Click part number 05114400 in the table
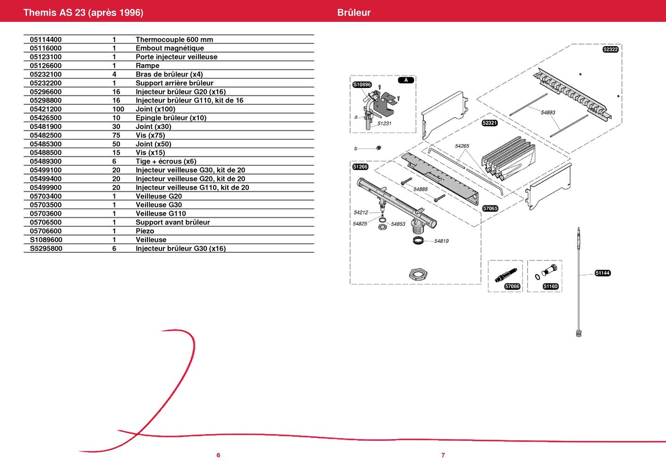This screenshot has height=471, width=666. pyautogui.click(x=45, y=40)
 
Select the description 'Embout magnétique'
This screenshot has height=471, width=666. pyautogui.click(x=170, y=48)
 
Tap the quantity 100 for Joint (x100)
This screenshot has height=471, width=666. pyautogui.click(x=118, y=109)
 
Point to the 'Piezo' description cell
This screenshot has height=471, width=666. pyautogui.click(x=145, y=231)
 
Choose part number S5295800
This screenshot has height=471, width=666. pyautogui.click(x=46, y=248)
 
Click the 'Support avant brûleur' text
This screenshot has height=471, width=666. pyautogui.click(x=173, y=223)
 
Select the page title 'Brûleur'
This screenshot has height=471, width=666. pyautogui.click(x=354, y=12)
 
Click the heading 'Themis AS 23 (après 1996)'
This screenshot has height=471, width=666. pyautogui.click(x=83, y=12)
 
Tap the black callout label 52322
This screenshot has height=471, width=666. pyautogui.click(x=610, y=49)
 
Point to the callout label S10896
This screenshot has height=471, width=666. pyautogui.click(x=362, y=85)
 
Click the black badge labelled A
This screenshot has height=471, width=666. pyautogui.click(x=406, y=80)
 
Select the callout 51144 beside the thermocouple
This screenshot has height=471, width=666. pyautogui.click(x=603, y=273)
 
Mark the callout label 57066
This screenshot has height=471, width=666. pyautogui.click(x=512, y=286)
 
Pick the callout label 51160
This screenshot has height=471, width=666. pyautogui.click(x=550, y=286)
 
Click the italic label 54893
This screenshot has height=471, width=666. pyautogui.click(x=548, y=112)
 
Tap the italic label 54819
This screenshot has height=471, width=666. pyautogui.click(x=441, y=241)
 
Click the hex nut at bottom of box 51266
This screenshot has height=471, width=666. pyautogui.click(x=418, y=274)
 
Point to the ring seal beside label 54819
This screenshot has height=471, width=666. pyautogui.click(x=418, y=240)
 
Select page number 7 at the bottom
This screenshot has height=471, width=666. pyautogui.click(x=443, y=455)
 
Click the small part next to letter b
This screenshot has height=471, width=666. pyautogui.click(x=378, y=148)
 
